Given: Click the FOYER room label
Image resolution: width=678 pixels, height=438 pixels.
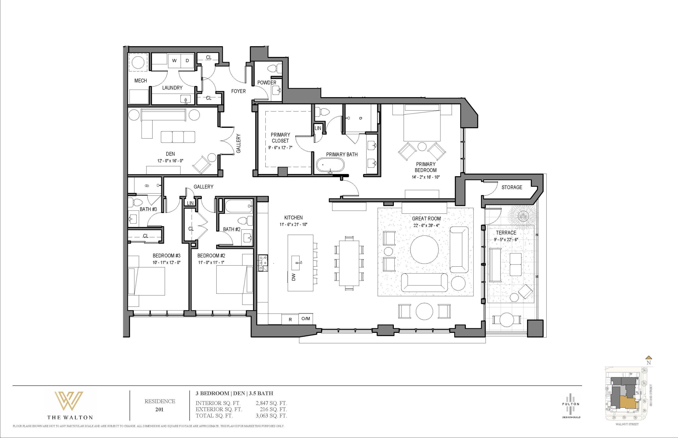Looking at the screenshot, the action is (238, 91).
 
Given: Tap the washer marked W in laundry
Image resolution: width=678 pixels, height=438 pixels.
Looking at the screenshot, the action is (174, 61).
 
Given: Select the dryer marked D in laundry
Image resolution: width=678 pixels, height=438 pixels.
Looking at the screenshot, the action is (187, 61).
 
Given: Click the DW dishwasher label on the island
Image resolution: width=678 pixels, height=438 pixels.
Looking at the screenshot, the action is (294, 277).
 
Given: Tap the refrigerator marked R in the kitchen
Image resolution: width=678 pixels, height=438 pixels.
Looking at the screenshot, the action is (290, 320).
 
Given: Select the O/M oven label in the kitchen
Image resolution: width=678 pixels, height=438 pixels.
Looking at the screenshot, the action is (306, 318).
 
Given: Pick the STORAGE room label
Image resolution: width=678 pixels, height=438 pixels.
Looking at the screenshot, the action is (512, 187).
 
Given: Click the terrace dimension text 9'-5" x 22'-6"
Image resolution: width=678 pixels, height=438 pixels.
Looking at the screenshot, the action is (506, 239).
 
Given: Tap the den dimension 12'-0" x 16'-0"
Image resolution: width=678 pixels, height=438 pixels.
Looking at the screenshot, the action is (170, 161).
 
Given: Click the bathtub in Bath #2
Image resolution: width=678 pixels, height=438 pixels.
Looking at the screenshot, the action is (239, 206).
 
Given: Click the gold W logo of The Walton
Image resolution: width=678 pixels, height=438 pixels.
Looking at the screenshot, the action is (69, 400).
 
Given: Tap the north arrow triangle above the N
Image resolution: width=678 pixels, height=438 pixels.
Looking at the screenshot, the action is (649, 358).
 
